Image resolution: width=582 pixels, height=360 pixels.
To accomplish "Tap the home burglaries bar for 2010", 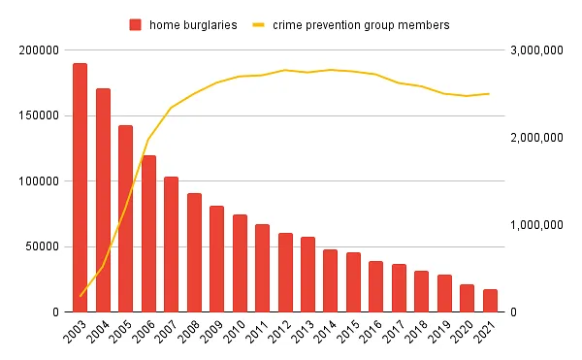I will tap(240, 263).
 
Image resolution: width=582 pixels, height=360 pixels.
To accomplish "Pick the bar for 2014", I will tap(330, 280).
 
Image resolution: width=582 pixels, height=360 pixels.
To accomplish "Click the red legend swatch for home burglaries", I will tap(136, 24).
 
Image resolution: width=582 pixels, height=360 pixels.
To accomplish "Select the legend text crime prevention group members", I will tap(361, 24).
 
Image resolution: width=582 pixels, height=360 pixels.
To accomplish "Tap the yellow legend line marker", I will tap(259, 24).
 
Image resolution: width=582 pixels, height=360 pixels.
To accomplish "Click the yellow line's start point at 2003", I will tap(80, 295).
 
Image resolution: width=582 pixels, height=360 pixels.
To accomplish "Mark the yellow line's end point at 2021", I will tap(490, 94).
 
